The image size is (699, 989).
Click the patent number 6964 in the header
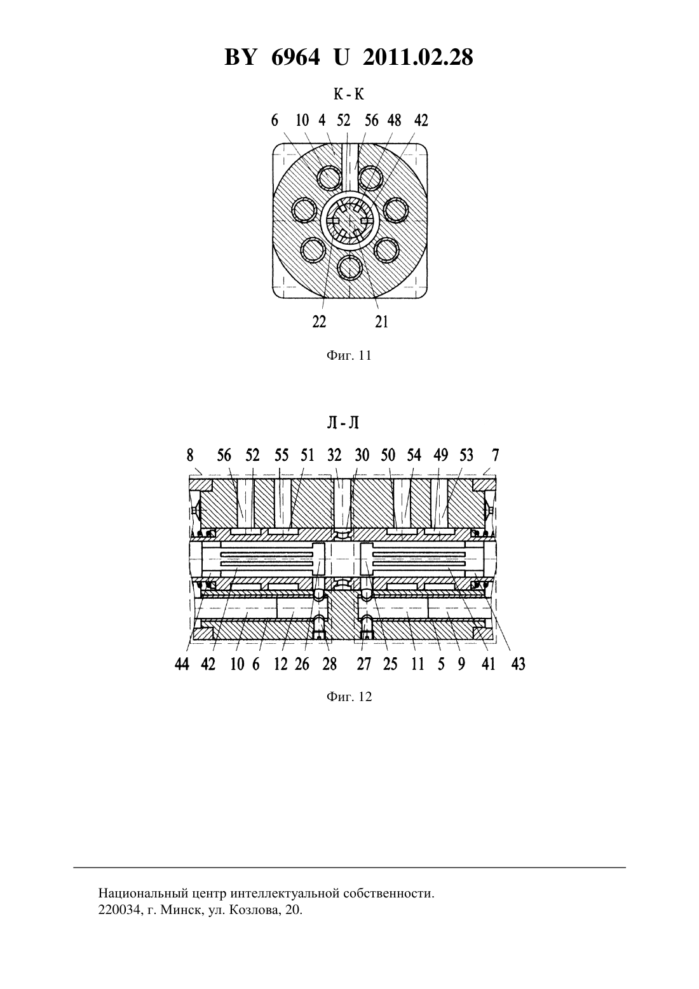coord(295,57)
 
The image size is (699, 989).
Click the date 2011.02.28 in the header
coord(418,57)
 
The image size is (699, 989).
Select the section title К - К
coord(349,94)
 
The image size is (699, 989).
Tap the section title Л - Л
coord(343,423)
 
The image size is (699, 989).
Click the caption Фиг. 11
coord(349,355)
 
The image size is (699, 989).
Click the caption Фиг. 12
coord(349,697)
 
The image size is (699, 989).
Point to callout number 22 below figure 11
coord(319,322)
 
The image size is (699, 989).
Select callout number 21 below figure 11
coord(382,322)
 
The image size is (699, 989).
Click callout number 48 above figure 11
coord(394,120)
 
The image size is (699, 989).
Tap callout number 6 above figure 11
coord(275,120)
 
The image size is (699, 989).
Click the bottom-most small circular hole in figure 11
coord(349,268)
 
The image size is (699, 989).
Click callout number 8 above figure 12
coord(190,454)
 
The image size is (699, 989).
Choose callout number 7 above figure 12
coord(496,454)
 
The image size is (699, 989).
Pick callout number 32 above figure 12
coord(334,454)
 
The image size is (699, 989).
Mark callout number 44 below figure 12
coord(182,664)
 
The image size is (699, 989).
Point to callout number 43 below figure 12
coord(518,664)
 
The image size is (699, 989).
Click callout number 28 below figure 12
coord(330,664)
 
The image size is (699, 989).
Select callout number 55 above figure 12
coord(282,454)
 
